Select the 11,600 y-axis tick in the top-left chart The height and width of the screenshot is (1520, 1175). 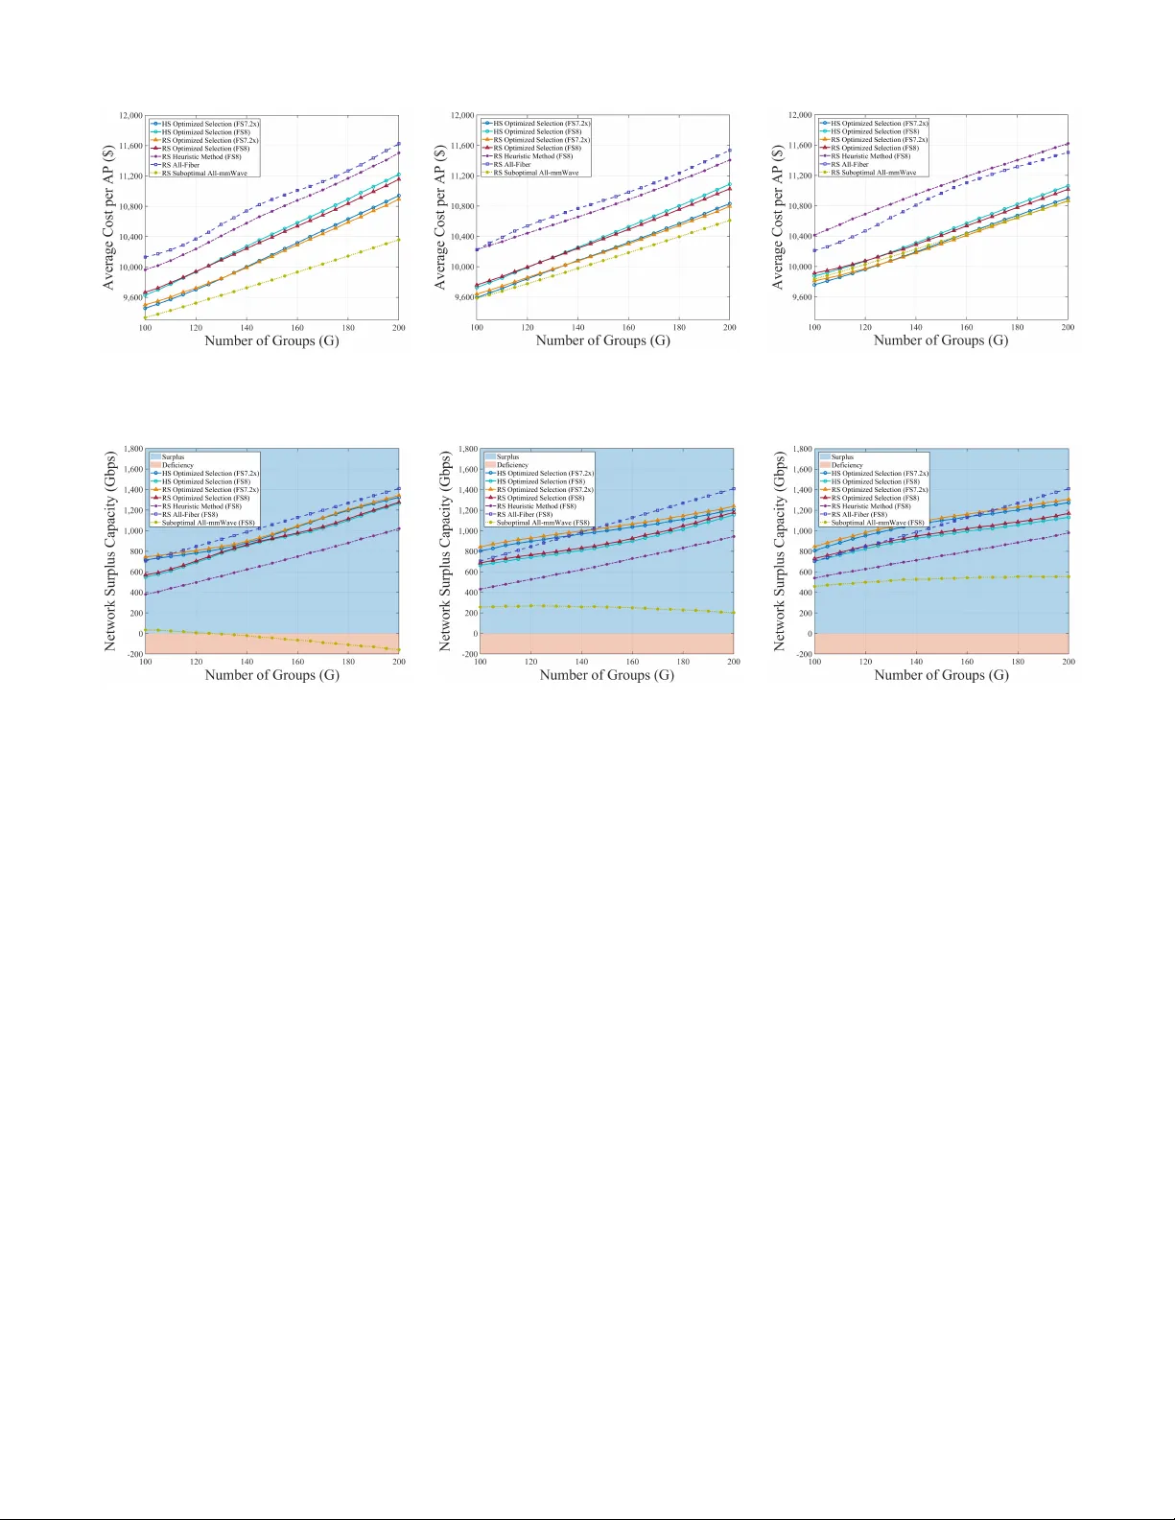click(130, 146)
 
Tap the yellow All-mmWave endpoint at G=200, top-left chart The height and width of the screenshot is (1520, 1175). click(399, 240)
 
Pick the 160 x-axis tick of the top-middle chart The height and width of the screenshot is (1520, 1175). click(628, 328)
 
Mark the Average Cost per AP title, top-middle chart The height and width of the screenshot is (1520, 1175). click(440, 218)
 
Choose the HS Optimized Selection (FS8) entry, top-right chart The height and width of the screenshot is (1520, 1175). click(874, 131)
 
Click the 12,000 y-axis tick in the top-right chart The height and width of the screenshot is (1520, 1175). click(798, 115)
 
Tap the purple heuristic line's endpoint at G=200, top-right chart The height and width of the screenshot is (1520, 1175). click(1068, 144)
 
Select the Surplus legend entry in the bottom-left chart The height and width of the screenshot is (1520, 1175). click(173, 457)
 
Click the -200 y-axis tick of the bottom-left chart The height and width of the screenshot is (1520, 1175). click(132, 654)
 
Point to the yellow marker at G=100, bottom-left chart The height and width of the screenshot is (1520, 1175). click(145, 630)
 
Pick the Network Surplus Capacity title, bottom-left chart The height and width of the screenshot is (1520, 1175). click(110, 551)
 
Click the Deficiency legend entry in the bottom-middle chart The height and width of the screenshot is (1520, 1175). click(512, 465)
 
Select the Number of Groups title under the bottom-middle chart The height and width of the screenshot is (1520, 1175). click(606, 675)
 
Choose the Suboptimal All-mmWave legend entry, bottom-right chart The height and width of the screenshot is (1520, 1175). click(877, 523)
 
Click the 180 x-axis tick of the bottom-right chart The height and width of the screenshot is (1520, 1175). click(1018, 662)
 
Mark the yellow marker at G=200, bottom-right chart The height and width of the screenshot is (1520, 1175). click(1068, 576)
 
